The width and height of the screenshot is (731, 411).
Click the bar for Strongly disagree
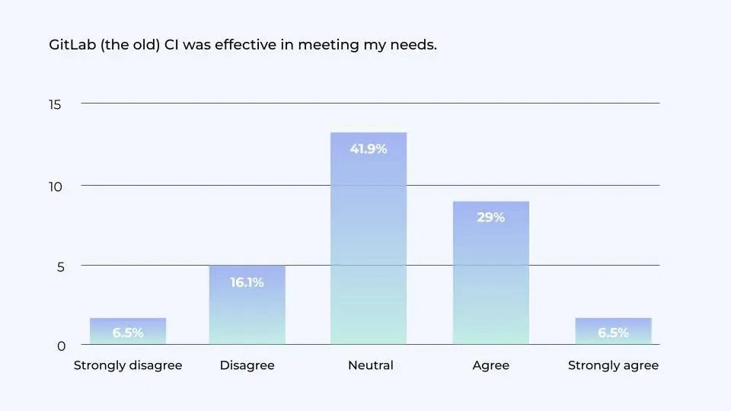tap(128, 331)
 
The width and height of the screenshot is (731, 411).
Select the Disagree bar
tap(247, 304)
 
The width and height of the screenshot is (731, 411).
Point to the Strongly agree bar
tap(613, 331)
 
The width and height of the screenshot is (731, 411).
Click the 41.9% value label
tap(369, 149)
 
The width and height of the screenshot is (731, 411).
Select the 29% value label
tap(490, 217)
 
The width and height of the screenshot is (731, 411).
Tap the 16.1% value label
tap(247, 282)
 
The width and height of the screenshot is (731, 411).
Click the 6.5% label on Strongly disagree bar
tap(128, 333)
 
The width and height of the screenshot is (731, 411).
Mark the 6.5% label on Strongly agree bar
tap(613, 333)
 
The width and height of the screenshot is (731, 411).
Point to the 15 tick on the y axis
tap(55, 104)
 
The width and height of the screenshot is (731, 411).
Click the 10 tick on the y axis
tap(55, 186)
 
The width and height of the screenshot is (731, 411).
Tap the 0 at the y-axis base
tap(61, 346)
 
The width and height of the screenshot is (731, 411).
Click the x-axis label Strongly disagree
tap(128, 365)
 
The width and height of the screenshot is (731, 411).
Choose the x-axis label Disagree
tap(247, 365)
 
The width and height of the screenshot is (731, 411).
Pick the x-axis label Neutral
tap(370, 365)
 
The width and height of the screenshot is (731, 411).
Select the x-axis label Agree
tap(490, 365)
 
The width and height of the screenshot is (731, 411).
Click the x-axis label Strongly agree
tap(613, 365)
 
